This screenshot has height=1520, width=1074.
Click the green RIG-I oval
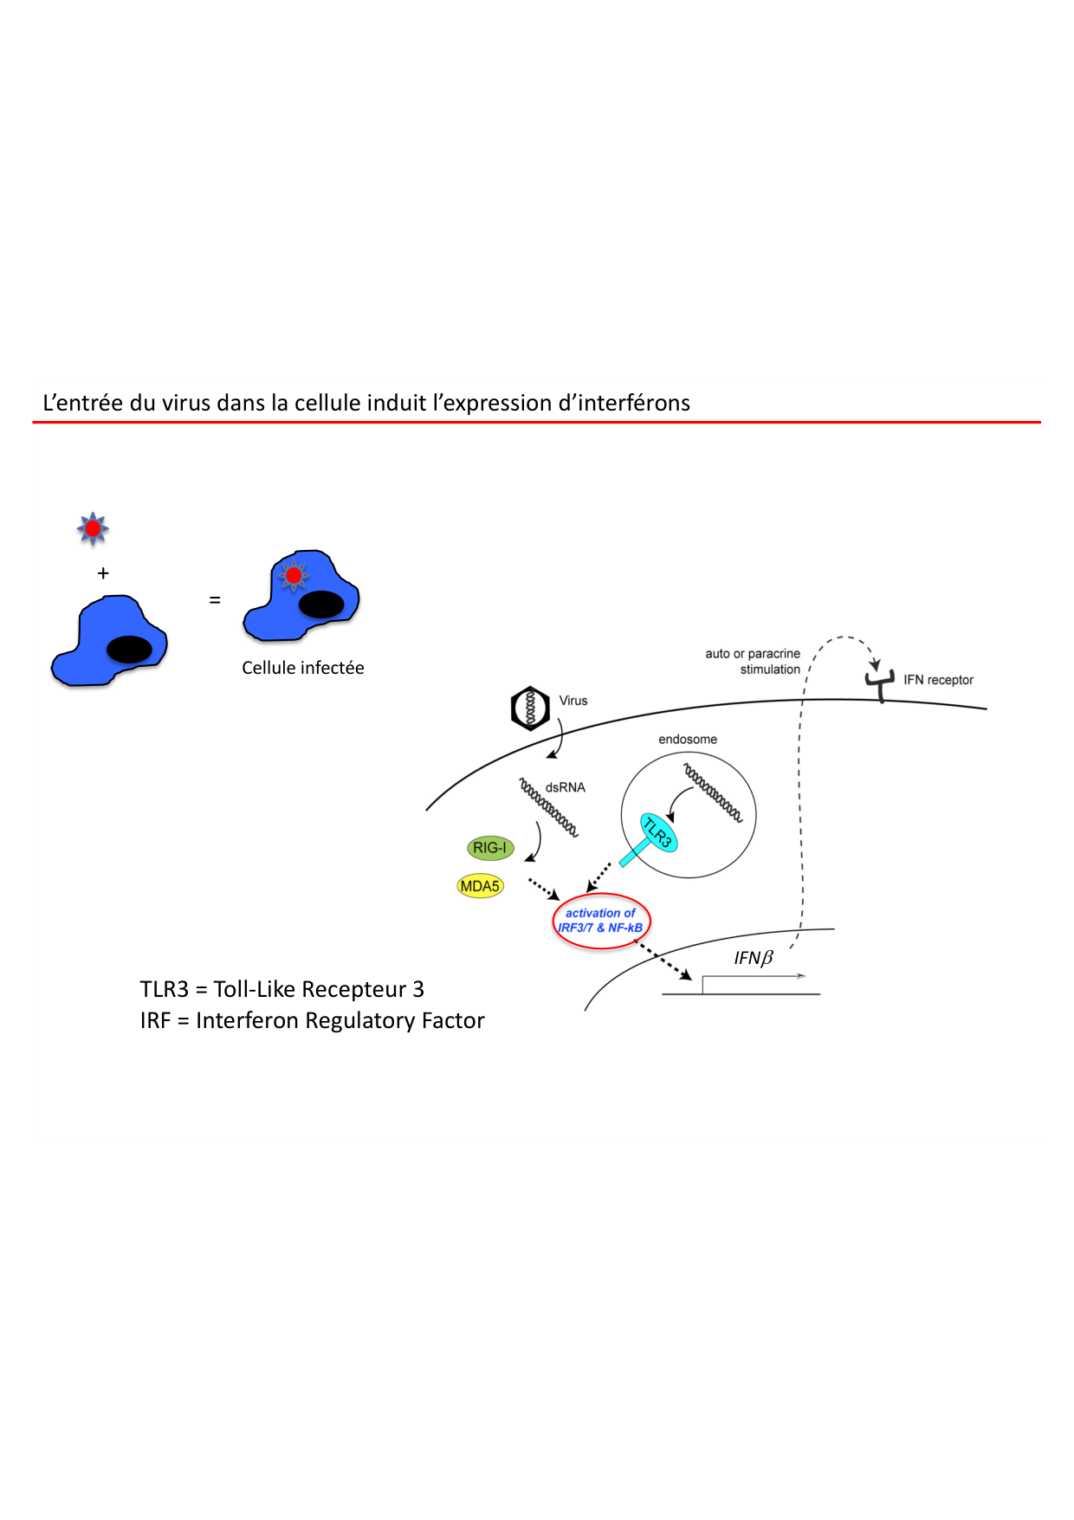pyautogui.click(x=490, y=848)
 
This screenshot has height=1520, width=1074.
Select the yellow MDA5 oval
pyautogui.click(x=480, y=886)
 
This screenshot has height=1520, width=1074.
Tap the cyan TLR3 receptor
pyautogui.click(x=657, y=833)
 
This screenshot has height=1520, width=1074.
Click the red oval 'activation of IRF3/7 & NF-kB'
pyautogui.click(x=601, y=921)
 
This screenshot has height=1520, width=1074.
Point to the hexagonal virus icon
pyautogui.click(x=530, y=708)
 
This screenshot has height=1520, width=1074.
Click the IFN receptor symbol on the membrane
pyautogui.click(x=880, y=684)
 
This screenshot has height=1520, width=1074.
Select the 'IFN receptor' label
pyautogui.click(x=938, y=680)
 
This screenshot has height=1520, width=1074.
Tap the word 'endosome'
pyautogui.click(x=688, y=740)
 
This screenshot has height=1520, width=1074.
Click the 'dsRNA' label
pyautogui.click(x=566, y=787)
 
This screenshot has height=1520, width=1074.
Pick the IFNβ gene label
pyautogui.click(x=753, y=958)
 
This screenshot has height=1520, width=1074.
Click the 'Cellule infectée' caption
pyautogui.click(x=303, y=668)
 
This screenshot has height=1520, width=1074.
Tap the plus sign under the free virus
pyautogui.click(x=103, y=573)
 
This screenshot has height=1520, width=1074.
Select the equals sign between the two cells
pyautogui.click(x=215, y=599)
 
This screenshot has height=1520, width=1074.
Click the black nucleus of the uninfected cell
pyautogui.click(x=129, y=649)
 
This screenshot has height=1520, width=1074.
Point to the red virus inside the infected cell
pyautogui.click(x=294, y=575)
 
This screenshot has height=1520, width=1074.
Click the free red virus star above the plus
pyautogui.click(x=93, y=528)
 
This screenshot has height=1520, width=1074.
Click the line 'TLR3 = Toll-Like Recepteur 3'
pyautogui.click(x=282, y=989)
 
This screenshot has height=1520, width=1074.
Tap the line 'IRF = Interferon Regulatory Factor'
pyautogui.click(x=312, y=1020)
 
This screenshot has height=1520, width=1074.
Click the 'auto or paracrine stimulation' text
pyautogui.click(x=753, y=662)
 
